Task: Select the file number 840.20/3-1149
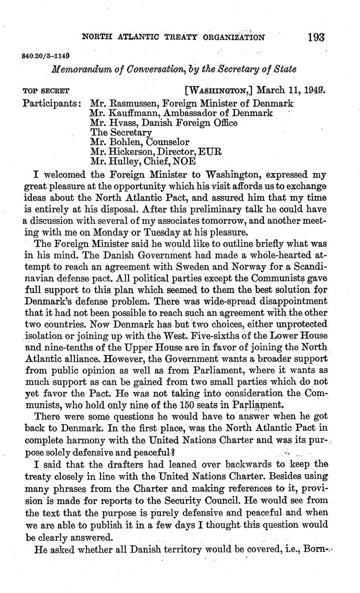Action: coord(45,56)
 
